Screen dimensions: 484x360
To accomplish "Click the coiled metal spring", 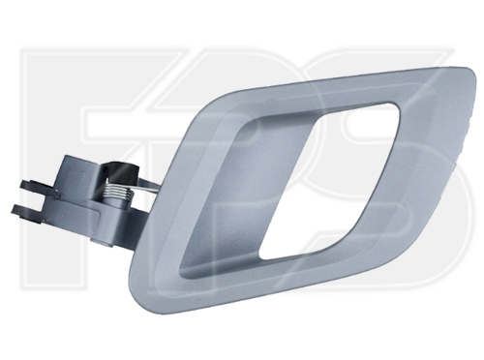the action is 118,192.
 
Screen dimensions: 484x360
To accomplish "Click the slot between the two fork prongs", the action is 32,198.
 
